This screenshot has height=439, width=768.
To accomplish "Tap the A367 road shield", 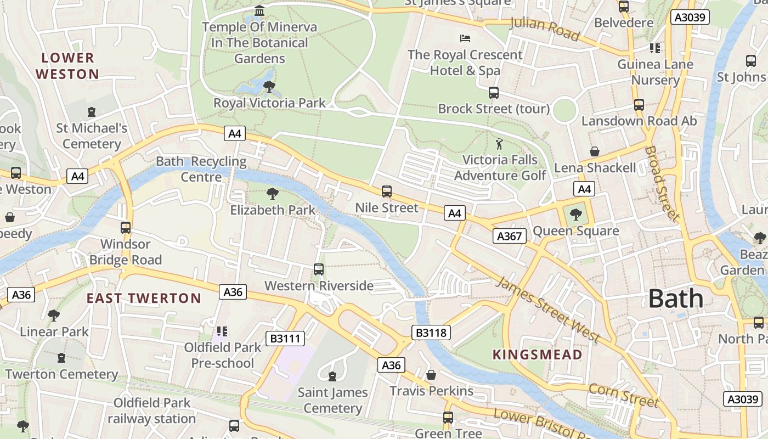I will (510, 236).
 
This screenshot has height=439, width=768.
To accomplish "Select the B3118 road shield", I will (431, 332).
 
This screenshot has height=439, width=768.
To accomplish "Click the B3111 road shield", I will (285, 339).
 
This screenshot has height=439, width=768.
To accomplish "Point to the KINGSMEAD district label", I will (537, 354).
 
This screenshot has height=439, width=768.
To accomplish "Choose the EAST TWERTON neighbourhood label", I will (144, 299).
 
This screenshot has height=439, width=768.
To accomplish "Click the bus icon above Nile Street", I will (387, 192).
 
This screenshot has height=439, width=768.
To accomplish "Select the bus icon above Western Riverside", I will (319, 269).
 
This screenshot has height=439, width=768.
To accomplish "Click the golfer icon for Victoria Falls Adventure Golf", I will (499, 144).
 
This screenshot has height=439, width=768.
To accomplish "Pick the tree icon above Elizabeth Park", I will (272, 194).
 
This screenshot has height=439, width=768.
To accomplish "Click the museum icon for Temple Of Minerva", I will (259, 10).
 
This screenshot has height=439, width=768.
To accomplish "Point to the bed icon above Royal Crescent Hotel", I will (465, 38).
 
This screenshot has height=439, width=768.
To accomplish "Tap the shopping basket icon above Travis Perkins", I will (431, 375).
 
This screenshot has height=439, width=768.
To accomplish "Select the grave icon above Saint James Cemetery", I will (332, 376).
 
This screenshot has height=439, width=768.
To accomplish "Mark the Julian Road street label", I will (544, 29).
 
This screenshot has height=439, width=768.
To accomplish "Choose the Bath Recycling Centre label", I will (201, 169).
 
